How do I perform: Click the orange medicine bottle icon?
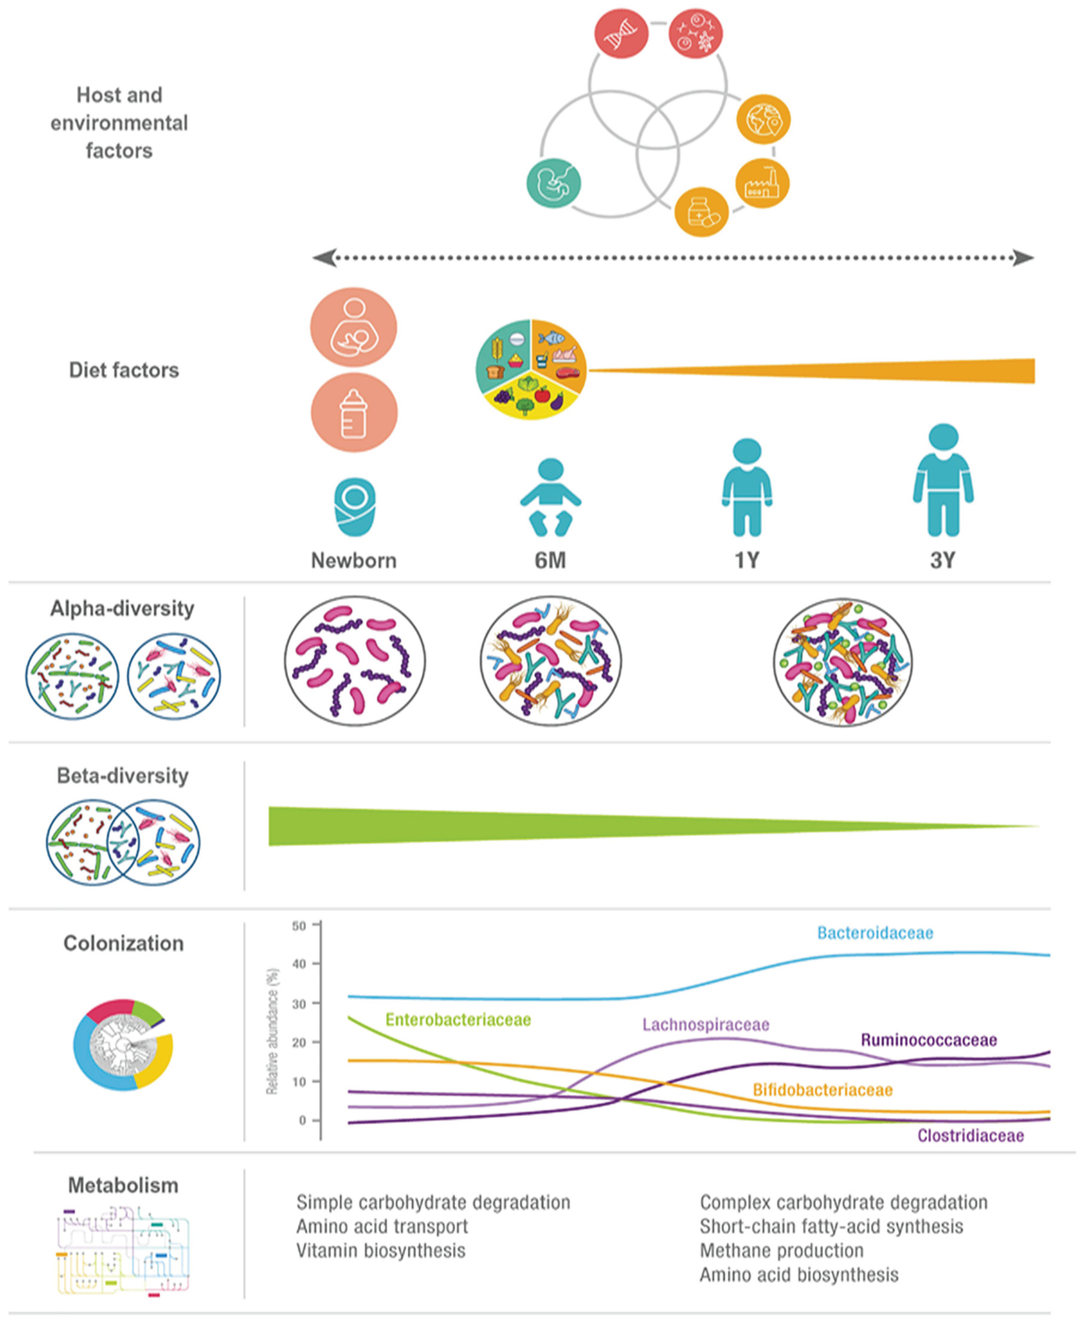(702, 212)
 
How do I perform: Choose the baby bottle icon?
(354, 412)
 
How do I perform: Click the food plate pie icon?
(531, 369)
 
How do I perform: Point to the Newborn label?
(354, 560)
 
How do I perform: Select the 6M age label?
(550, 560)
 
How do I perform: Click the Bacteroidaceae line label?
(875, 933)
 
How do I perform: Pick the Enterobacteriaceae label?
(458, 1019)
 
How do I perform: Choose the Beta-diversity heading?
(123, 776)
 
